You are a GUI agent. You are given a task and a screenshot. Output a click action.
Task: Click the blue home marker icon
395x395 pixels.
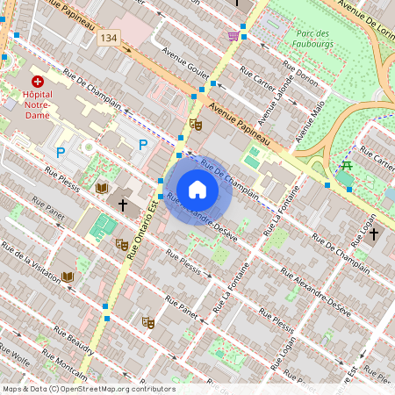pyautogui.click(x=197, y=190)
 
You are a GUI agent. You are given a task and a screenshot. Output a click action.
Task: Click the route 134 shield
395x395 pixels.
pyautogui.click(x=109, y=38)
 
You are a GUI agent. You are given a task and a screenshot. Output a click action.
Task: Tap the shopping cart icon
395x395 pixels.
pyautogui.click(x=233, y=36)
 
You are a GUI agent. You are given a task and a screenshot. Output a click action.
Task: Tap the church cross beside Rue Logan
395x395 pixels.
pyautogui.click(x=374, y=234)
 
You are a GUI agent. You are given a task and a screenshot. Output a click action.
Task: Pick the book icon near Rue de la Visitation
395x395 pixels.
pyautogui.click(x=68, y=276)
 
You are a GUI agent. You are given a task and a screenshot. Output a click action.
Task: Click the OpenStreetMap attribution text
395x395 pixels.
pyautogui.click(x=89, y=389)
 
